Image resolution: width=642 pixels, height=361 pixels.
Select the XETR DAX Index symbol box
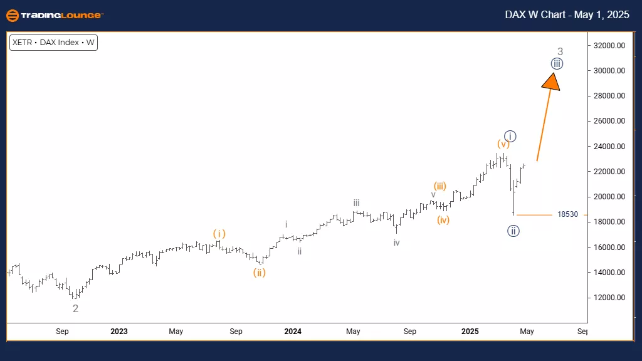(x=53, y=43)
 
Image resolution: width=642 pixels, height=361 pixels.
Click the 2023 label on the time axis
(x=118, y=331)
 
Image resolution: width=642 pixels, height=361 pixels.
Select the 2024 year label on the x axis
(x=293, y=331)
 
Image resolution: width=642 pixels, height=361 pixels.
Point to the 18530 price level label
(x=567, y=214)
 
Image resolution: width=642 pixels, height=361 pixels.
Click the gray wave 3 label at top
(x=560, y=51)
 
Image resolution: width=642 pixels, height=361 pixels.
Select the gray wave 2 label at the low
(x=75, y=308)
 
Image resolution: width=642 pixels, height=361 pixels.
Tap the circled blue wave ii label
(x=513, y=231)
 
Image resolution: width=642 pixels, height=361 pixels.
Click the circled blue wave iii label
(x=557, y=64)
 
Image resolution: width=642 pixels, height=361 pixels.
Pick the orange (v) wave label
(x=503, y=145)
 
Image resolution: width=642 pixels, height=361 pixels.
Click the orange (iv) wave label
(x=444, y=220)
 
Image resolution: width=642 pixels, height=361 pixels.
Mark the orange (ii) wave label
(x=260, y=273)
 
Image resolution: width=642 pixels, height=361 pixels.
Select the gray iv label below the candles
(x=396, y=243)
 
